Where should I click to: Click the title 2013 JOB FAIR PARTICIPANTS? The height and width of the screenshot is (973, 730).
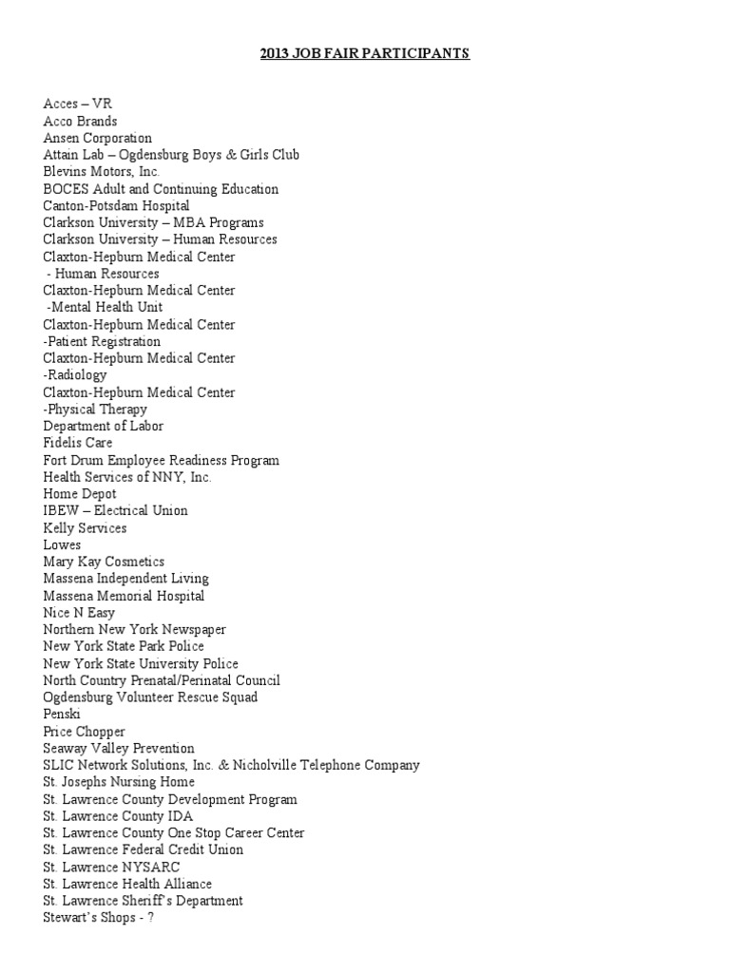[x=365, y=53]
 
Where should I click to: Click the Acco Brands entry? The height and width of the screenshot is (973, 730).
[x=80, y=121]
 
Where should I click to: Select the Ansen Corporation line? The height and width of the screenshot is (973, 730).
[x=97, y=138]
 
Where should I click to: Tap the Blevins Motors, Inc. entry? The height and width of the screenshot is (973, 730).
[x=101, y=172]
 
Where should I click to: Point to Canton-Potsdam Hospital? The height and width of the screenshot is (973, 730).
[x=116, y=205]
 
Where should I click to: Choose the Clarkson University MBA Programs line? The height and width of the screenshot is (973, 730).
[x=153, y=222]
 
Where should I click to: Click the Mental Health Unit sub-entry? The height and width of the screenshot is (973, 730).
[x=105, y=307]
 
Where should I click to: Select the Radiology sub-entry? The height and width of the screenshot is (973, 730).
[x=75, y=375]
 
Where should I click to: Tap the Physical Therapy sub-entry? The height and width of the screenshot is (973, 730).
[x=95, y=410]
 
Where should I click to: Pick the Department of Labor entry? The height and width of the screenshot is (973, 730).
[x=104, y=427]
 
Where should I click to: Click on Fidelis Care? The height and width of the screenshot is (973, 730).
[x=77, y=443]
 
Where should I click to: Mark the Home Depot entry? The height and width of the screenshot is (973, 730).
[x=80, y=494]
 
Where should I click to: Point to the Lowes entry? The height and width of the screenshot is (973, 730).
[x=62, y=545]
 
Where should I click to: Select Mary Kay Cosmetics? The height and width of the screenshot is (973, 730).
[x=104, y=562]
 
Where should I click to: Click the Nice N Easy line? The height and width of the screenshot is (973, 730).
[x=79, y=613]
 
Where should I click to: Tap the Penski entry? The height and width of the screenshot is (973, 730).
[x=62, y=715]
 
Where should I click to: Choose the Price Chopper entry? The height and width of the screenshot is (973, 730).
[x=84, y=732]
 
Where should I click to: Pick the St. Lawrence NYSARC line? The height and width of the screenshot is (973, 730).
[x=111, y=867]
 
